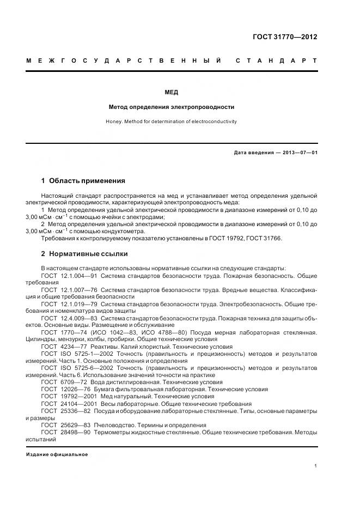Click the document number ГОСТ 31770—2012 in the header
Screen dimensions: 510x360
click(285, 38)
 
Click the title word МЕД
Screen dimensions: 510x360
click(172, 92)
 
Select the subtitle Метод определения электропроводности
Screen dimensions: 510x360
click(172, 107)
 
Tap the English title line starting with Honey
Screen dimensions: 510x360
click(172, 122)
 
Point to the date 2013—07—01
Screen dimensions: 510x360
click(300, 153)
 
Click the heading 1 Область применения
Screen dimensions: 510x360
click(83, 180)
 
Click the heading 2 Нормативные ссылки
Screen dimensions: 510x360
click(84, 254)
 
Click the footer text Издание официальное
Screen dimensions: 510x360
click(57, 454)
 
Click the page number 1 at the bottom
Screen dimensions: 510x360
click(316, 466)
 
